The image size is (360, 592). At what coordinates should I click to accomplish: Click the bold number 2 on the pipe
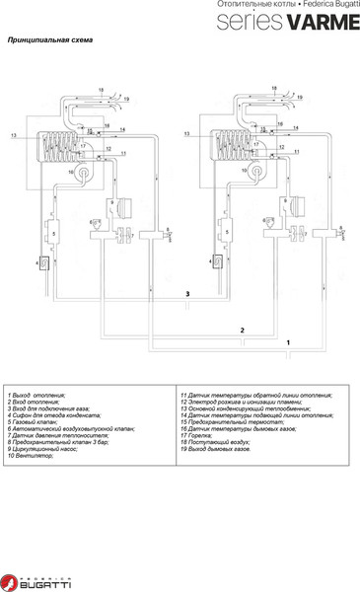[x=242, y=328]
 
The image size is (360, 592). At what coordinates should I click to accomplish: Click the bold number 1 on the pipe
[x=287, y=340]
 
